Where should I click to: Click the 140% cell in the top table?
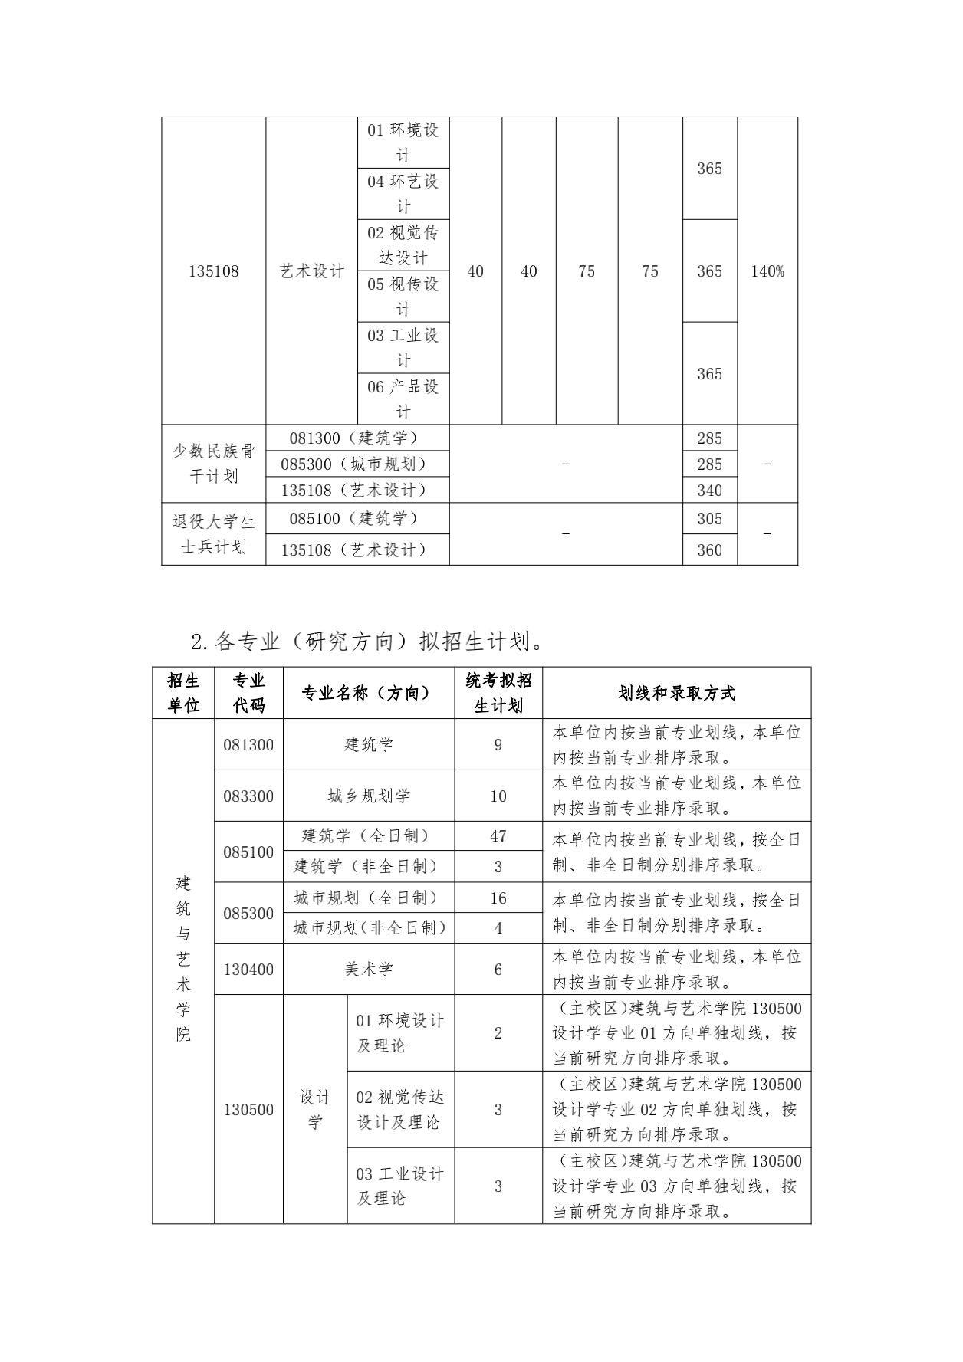click(x=767, y=271)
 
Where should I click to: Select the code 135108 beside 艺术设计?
click(x=214, y=271)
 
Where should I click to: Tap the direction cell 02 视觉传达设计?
click(x=403, y=245)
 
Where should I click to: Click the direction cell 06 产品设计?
click(x=403, y=399)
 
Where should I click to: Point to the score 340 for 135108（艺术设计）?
click(x=709, y=491)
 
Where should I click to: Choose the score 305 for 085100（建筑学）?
click(x=709, y=519)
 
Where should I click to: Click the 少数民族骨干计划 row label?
click(x=214, y=464)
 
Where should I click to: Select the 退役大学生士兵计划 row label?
click(x=214, y=534)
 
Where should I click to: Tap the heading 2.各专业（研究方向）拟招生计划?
click(x=368, y=641)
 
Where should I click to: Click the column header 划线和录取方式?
click(x=676, y=693)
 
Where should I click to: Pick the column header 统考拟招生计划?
click(x=498, y=693)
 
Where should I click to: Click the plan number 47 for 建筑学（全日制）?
click(x=498, y=836)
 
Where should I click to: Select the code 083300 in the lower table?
click(x=248, y=796)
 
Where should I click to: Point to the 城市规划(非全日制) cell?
click(x=369, y=928)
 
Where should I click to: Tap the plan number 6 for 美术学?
click(x=498, y=970)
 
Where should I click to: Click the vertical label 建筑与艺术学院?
click(x=183, y=957)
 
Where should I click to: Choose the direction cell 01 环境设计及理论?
click(x=400, y=1033)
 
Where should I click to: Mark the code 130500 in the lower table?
click(x=248, y=1110)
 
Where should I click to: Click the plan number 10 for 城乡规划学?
click(x=498, y=796)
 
